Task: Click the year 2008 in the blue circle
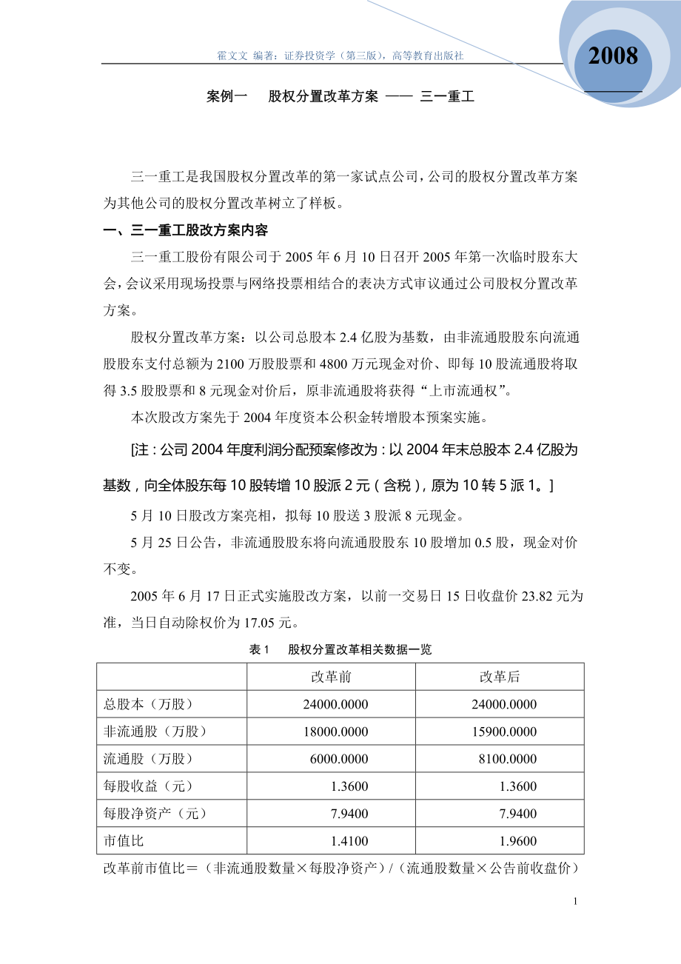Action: click(x=613, y=56)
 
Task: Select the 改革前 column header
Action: click(x=331, y=677)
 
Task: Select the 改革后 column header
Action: click(x=500, y=677)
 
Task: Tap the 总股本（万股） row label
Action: click(x=148, y=704)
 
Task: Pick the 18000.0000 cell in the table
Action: click(x=335, y=732)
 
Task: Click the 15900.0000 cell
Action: click(x=504, y=732)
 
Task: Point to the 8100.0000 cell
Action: click(x=507, y=759)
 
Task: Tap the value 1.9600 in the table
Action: click(x=517, y=841)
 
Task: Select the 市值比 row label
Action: click(x=119, y=841)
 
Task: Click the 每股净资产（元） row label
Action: click(x=155, y=814)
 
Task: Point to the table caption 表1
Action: click(x=258, y=650)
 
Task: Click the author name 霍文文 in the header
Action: click(x=232, y=56)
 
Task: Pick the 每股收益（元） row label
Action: click(x=148, y=786)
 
